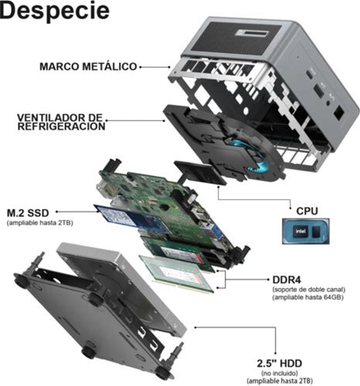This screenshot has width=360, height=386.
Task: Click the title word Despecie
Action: pyautogui.click(x=55, y=11)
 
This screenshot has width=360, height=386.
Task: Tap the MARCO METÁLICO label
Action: pyautogui.click(x=88, y=66)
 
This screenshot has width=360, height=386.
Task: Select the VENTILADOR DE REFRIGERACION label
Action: pyautogui.click(x=61, y=122)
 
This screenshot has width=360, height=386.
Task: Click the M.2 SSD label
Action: pyautogui.click(x=28, y=213)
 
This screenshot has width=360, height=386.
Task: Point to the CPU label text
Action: pyautogui.click(x=307, y=211)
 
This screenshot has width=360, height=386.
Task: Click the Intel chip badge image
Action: pyautogui.click(x=306, y=232)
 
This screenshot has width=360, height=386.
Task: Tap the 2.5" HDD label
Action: pyautogui.click(x=280, y=364)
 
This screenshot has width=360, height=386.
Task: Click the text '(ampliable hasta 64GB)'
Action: pyautogui.click(x=307, y=297)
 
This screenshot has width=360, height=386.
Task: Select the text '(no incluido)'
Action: pyautogui.click(x=280, y=373)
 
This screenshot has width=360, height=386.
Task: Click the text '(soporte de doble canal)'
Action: pyautogui.click(x=309, y=289)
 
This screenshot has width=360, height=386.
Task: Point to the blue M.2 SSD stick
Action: pyautogui.click(x=131, y=219)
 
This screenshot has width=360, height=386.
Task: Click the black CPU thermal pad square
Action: pyautogui.click(x=201, y=172)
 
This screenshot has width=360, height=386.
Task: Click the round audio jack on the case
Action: pyautogui.click(x=328, y=103)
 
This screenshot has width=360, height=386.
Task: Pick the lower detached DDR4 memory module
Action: pyautogui.click(x=177, y=274)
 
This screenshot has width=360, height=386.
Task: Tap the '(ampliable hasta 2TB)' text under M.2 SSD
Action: pyautogui.click(x=40, y=222)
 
